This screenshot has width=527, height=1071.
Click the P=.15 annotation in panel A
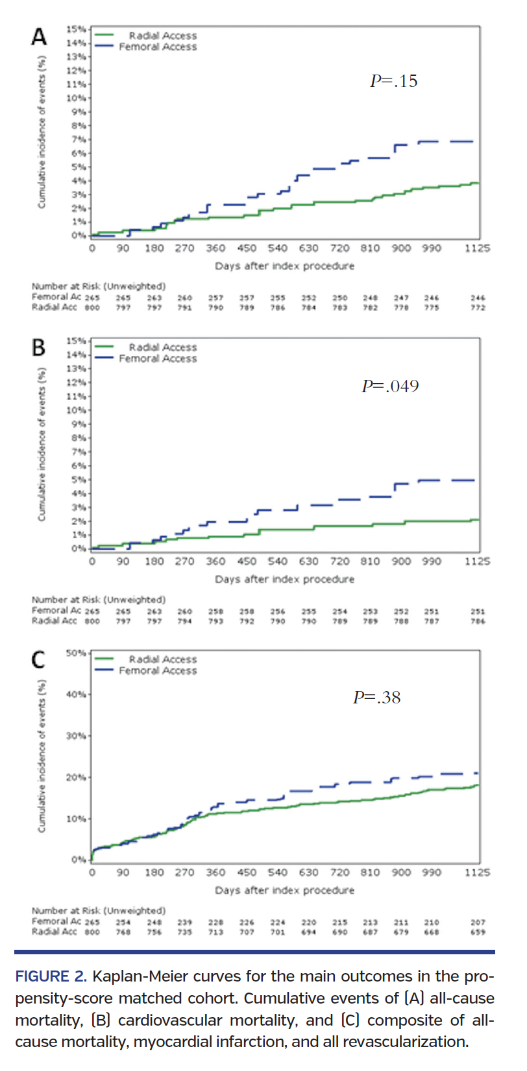tap(393, 81)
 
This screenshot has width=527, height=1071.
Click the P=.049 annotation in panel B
tap(390, 386)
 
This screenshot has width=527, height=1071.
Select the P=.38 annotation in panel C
tap(376, 698)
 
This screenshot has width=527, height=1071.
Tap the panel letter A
tap(39, 37)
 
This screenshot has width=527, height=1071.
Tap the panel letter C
tap(39, 660)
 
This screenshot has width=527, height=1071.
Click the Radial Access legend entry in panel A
tap(162, 36)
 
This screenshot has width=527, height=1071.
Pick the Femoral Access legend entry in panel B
tap(158, 359)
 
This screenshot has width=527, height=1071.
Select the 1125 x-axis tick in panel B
tap(477, 561)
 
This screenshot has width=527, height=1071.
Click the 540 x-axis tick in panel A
tap(277, 248)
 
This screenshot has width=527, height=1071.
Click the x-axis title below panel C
tap(284, 890)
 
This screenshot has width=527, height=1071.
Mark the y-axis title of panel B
tap(42, 445)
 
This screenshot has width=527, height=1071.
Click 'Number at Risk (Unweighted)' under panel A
tap(99, 286)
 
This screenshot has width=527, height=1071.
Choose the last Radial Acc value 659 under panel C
tap(478, 932)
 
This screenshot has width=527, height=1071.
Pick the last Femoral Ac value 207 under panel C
tap(478, 922)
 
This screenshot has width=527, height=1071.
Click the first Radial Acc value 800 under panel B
tap(92, 621)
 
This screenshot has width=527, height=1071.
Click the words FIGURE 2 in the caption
tap(51, 977)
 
